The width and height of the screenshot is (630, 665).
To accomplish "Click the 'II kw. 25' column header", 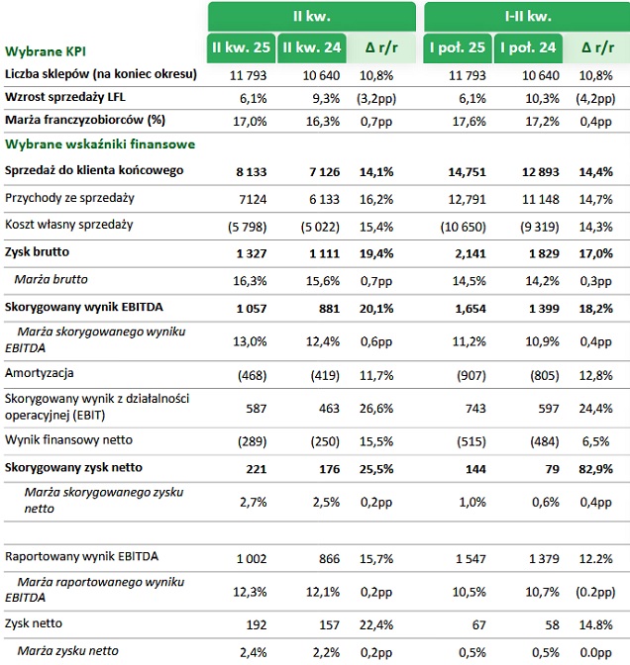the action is (x=241, y=47).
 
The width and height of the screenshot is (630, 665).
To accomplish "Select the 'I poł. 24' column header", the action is (x=528, y=47).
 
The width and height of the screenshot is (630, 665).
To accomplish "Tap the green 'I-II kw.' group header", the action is (x=527, y=17).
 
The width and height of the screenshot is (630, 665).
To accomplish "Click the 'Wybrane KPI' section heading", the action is (x=46, y=51).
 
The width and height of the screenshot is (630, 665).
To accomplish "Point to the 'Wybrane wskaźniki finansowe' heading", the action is (x=100, y=144).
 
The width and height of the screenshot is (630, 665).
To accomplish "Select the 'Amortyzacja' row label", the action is (x=39, y=373).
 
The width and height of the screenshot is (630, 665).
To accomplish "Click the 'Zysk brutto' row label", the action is (x=37, y=252).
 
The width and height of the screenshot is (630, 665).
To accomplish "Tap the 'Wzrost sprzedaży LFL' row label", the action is (x=65, y=97).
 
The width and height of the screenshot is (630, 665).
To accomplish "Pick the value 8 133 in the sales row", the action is (x=252, y=172).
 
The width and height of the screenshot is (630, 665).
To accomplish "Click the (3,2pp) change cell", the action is (x=376, y=99).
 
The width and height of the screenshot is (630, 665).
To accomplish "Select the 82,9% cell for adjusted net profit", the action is (x=595, y=469).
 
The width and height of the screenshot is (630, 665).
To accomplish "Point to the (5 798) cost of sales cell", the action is (x=247, y=227).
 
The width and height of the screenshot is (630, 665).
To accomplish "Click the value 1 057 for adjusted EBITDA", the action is (x=252, y=309).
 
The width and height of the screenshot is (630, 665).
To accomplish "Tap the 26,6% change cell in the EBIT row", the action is (x=376, y=409).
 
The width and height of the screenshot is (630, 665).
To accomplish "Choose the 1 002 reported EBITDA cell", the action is (x=252, y=558).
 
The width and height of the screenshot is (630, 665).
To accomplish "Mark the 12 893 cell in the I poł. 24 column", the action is (x=541, y=172).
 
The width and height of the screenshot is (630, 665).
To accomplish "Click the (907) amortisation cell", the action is (x=471, y=375).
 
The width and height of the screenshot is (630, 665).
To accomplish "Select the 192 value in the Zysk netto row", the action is (x=257, y=624).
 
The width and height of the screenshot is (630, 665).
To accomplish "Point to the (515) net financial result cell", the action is (x=471, y=441).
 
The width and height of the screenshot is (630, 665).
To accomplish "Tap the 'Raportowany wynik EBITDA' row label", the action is (x=81, y=556).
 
